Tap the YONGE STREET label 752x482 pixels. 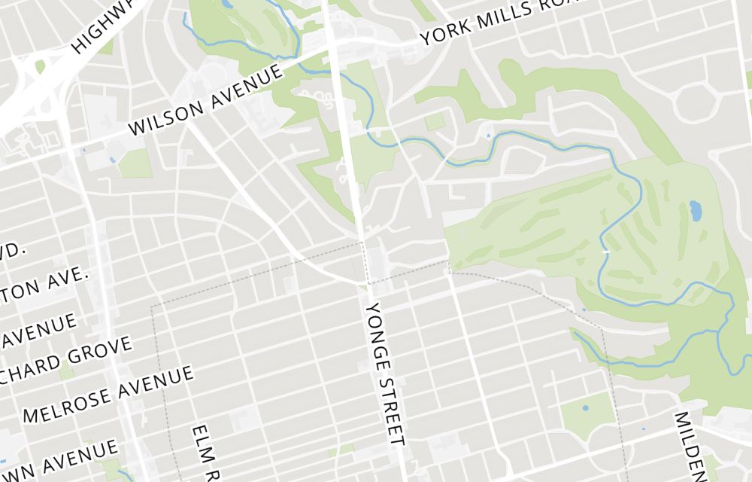(386, 373)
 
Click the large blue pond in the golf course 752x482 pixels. (696, 210)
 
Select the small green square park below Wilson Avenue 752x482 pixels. (135, 163)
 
